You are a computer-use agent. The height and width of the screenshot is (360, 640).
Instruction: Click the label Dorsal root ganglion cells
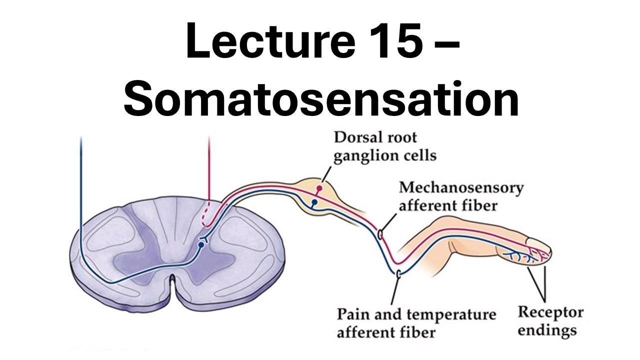pyautogui.click(x=384, y=146)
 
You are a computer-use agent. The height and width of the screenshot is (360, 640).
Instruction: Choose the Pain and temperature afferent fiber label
pyautogui.click(x=416, y=322)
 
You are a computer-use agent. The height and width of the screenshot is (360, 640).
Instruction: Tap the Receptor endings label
pyautogui.click(x=550, y=321)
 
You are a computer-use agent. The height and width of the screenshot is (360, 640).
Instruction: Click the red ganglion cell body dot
pyautogui.click(x=318, y=188)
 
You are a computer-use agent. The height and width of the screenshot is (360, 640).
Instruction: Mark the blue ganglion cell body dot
pyautogui.click(x=314, y=202)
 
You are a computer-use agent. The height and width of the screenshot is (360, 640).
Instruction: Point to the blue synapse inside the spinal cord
pyautogui.click(x=201, y=244)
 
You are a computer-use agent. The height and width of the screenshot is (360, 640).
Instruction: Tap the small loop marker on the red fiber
pyautogui.click(x=381, y=233)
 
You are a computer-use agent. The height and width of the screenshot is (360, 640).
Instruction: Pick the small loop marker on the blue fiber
pyautogui.click(x=398, y=273)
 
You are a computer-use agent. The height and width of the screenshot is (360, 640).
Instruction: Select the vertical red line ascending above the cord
pyautogui.click(x=209, y=170)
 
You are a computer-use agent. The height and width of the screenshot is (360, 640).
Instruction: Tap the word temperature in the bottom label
pyautogui.click(x=451, y=315)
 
